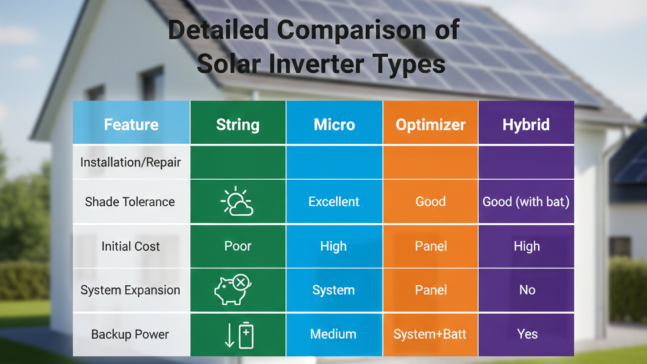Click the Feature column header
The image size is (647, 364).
131,124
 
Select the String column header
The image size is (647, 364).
238,124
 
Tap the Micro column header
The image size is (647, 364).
334,124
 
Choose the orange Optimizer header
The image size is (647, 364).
430,124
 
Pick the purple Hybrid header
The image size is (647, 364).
526,124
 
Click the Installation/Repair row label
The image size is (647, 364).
131,162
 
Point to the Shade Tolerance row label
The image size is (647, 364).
130,202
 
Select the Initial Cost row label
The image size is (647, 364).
131,246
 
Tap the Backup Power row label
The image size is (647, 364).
130,334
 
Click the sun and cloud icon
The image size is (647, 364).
237,202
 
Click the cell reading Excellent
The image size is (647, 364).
334,202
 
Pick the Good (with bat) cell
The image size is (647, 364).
526,202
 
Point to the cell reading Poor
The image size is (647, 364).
237,246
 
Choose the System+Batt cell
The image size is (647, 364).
430,334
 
